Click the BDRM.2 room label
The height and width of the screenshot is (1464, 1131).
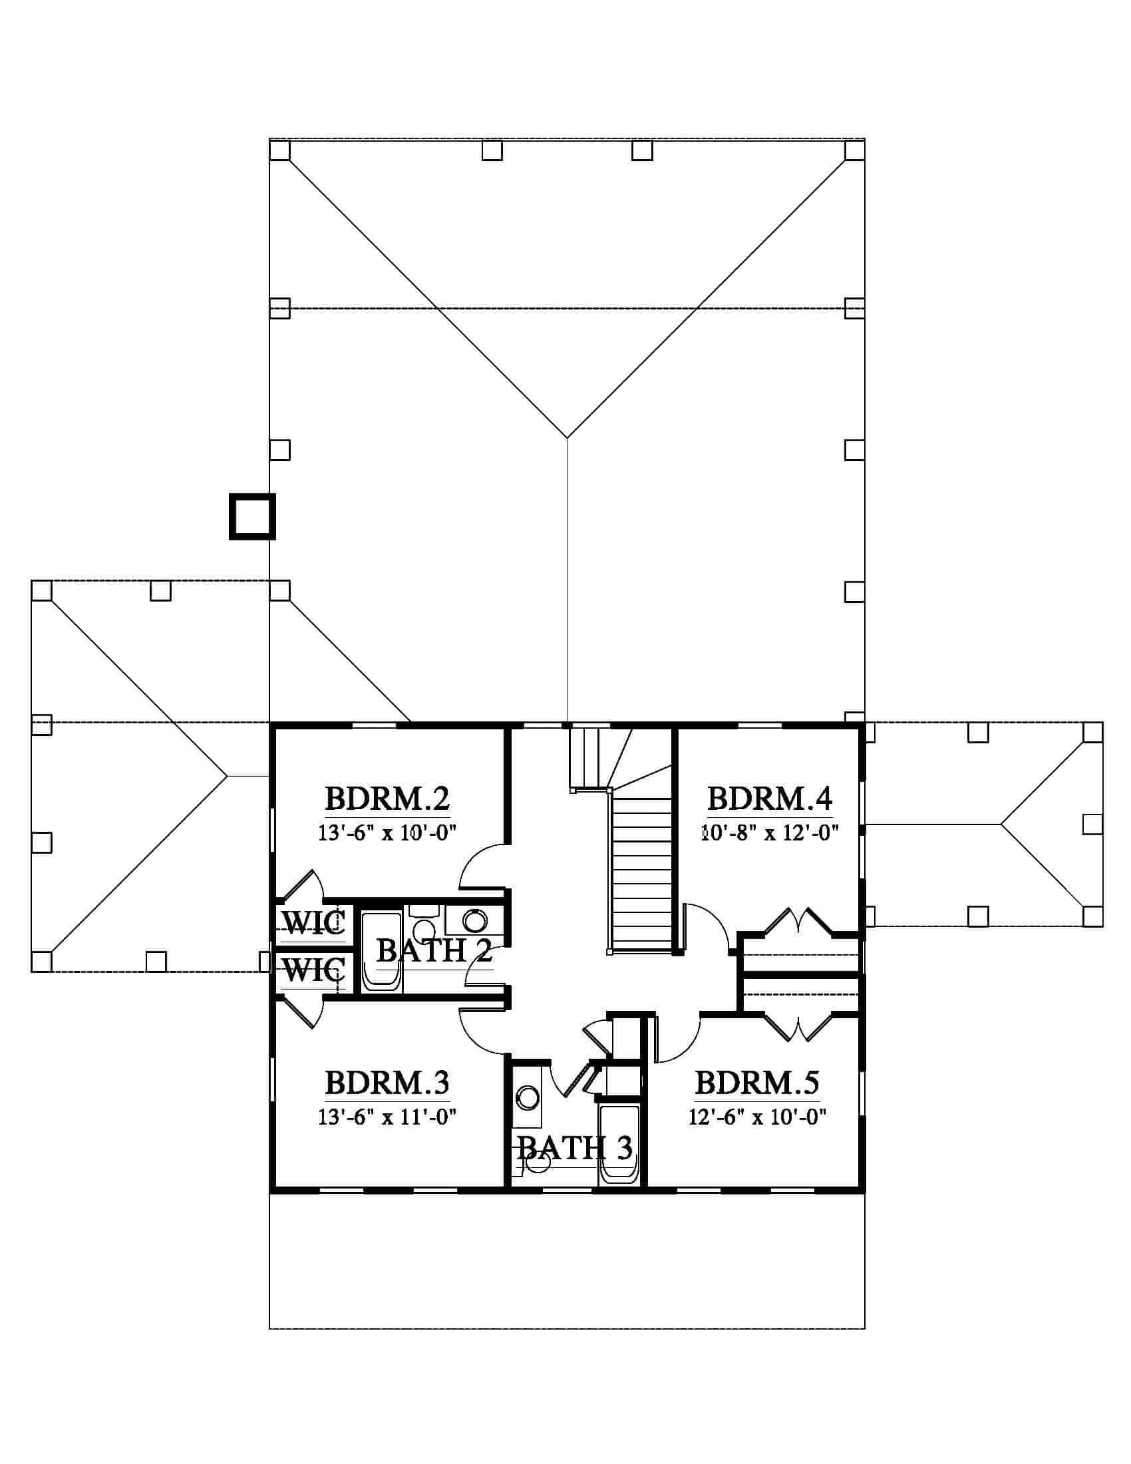point(387,799)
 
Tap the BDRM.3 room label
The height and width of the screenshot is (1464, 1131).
point(387,1083)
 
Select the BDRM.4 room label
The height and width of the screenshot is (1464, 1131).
point(770,799)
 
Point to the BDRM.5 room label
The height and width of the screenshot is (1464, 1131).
point(757,1083)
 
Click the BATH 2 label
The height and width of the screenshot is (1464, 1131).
point(435,950)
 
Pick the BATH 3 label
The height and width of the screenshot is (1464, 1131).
point(575,1149)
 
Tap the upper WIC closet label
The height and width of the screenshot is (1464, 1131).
point(313,924)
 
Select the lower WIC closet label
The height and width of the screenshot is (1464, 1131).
point(313,970)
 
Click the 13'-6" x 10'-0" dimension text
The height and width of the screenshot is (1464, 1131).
point(387,833)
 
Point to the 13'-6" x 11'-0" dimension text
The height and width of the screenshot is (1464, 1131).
point(387,1117)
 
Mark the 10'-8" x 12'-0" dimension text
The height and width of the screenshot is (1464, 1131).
point(770,833)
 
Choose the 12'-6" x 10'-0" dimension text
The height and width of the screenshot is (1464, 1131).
point(757,1117)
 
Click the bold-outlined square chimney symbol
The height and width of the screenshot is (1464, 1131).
point(253,517)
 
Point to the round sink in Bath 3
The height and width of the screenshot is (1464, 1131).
point(528,1098)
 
